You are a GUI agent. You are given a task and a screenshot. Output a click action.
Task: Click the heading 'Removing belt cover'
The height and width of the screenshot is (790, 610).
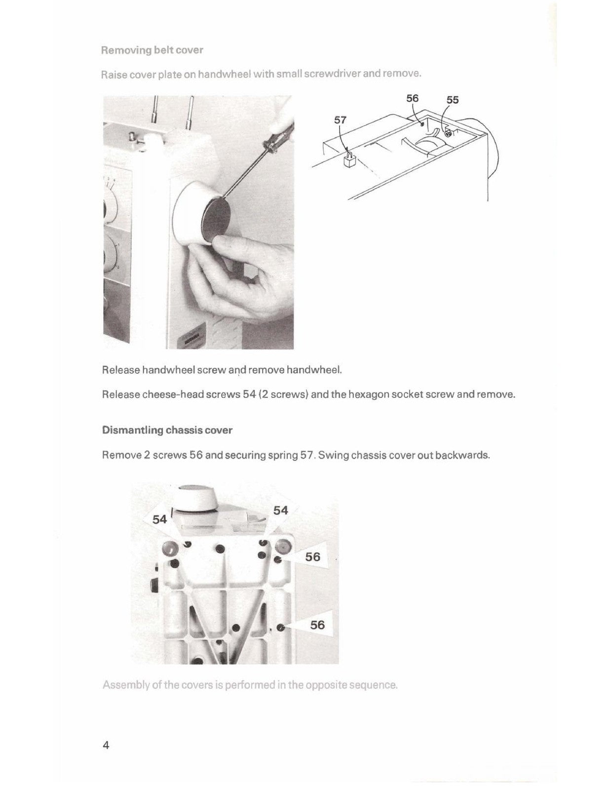point(152,50)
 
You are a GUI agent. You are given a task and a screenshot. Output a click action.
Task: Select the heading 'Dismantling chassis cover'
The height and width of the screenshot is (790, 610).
point(167,430)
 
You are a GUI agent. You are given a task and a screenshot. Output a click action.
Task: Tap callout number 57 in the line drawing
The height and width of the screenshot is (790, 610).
point(340,120)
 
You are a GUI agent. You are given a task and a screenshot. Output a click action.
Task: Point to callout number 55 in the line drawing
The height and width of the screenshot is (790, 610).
point(452,100)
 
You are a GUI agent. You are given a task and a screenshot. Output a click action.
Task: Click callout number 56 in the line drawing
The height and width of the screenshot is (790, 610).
point(412,98)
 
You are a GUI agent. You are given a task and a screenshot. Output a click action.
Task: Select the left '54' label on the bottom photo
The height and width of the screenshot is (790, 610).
point(159,519)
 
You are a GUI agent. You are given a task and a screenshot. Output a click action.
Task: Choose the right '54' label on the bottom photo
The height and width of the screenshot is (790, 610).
point(280,511)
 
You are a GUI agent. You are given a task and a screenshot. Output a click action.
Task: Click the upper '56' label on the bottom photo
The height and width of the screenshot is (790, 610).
point(312,557)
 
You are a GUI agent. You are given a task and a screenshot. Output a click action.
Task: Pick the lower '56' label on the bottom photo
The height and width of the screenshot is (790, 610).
point(317,625)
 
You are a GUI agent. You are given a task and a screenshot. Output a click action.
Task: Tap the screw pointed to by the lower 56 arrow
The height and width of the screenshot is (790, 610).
point(281,628)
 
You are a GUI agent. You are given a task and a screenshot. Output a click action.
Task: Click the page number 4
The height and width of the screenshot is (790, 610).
point(106,746)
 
